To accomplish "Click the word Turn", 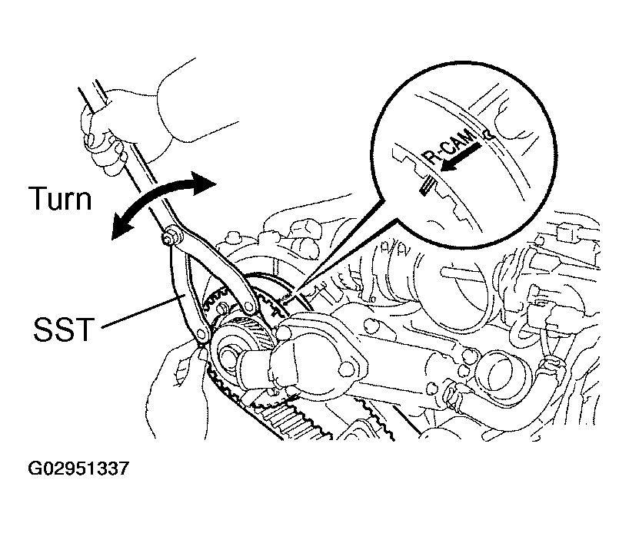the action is click(x=60, y=198).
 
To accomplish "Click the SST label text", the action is click(x=64, y=329).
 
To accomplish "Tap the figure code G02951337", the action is click(x=78, y=468).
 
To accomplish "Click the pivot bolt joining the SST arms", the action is click(x=170, y=235).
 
